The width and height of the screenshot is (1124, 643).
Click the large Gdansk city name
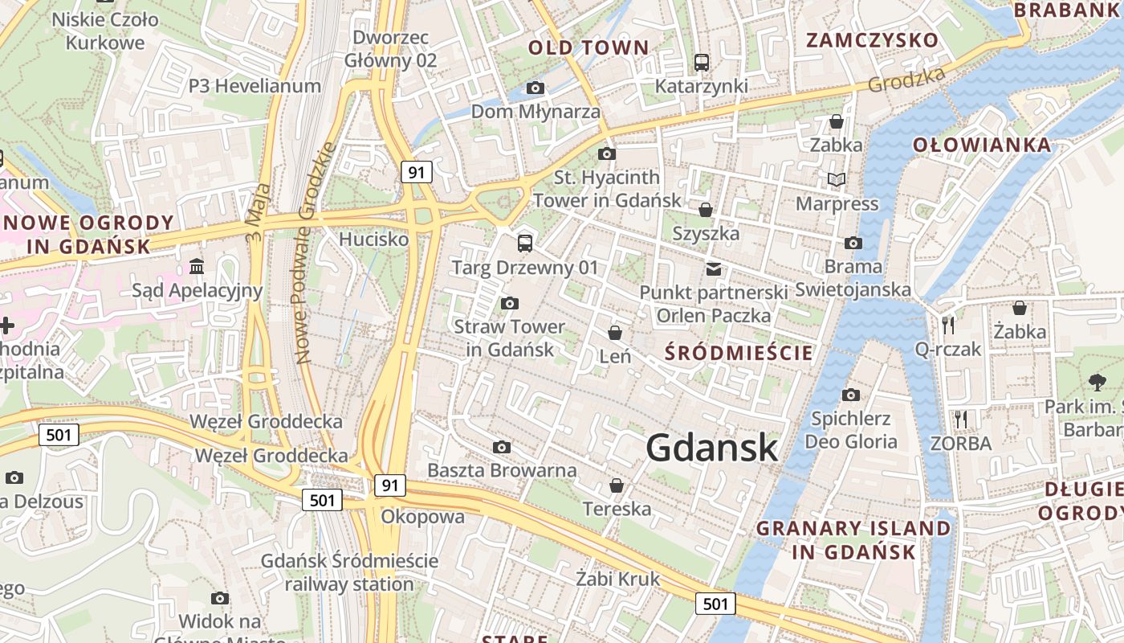point(712,448)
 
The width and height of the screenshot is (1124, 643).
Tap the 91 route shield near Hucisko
point(416,171)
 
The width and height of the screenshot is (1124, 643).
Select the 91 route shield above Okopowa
point(389,485)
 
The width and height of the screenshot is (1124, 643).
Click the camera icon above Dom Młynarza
point(536,88)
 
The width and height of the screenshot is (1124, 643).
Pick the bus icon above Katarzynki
point(702,62)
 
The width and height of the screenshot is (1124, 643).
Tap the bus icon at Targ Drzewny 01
point(525,243)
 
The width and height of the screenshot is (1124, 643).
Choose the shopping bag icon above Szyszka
point(706,210)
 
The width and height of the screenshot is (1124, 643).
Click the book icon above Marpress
point(837,179)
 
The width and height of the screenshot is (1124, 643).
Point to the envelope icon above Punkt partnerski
point(713,268)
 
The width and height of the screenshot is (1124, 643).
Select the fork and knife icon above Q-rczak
point(948,325)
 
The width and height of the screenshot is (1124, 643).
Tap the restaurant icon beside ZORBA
point(961,419)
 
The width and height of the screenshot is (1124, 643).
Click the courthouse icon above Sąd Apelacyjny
point(197,266)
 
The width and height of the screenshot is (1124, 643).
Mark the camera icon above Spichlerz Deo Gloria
point(851,395)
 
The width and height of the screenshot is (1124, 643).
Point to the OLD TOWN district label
point(588,48)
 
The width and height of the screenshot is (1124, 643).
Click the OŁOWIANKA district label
point(982,145)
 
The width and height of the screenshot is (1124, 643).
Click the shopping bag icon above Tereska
point(617,485)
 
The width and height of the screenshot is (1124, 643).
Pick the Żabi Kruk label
point(617,579)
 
